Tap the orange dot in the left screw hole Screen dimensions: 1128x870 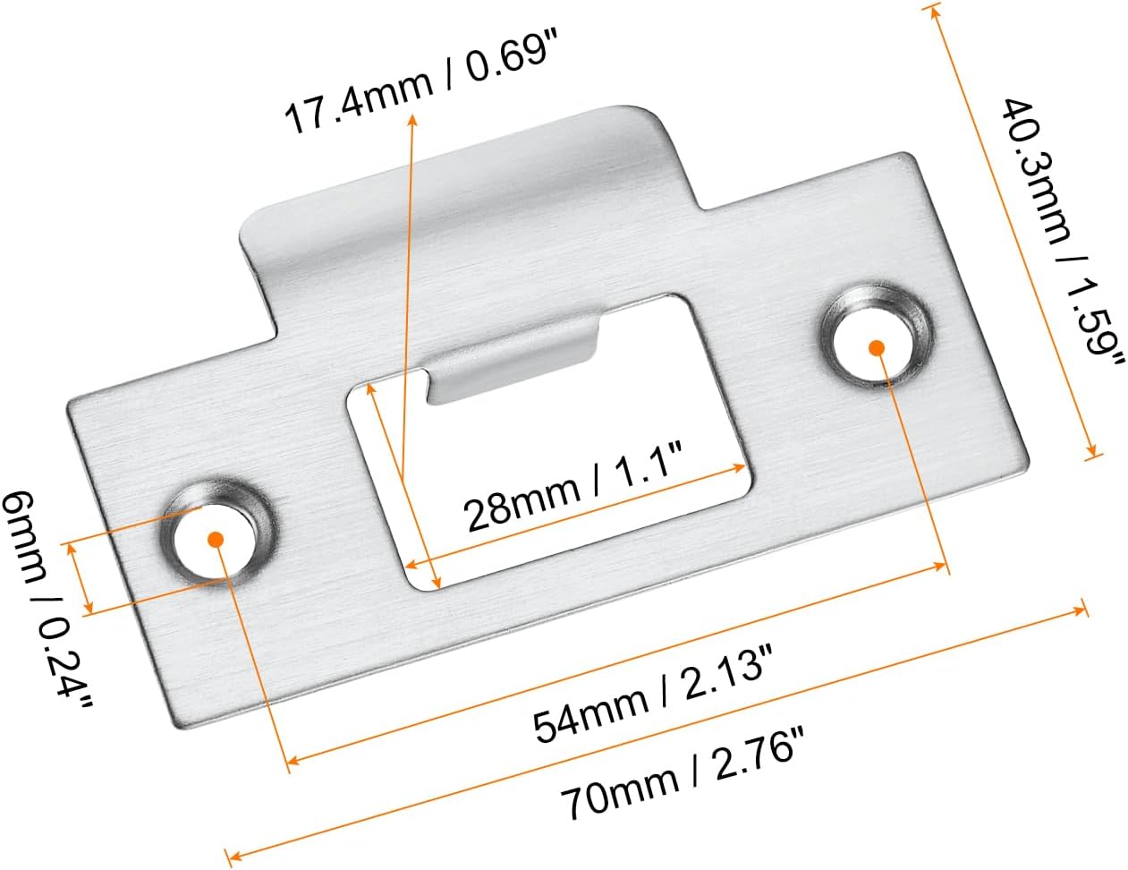[215, 540]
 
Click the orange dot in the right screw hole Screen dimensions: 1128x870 [877, 348]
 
